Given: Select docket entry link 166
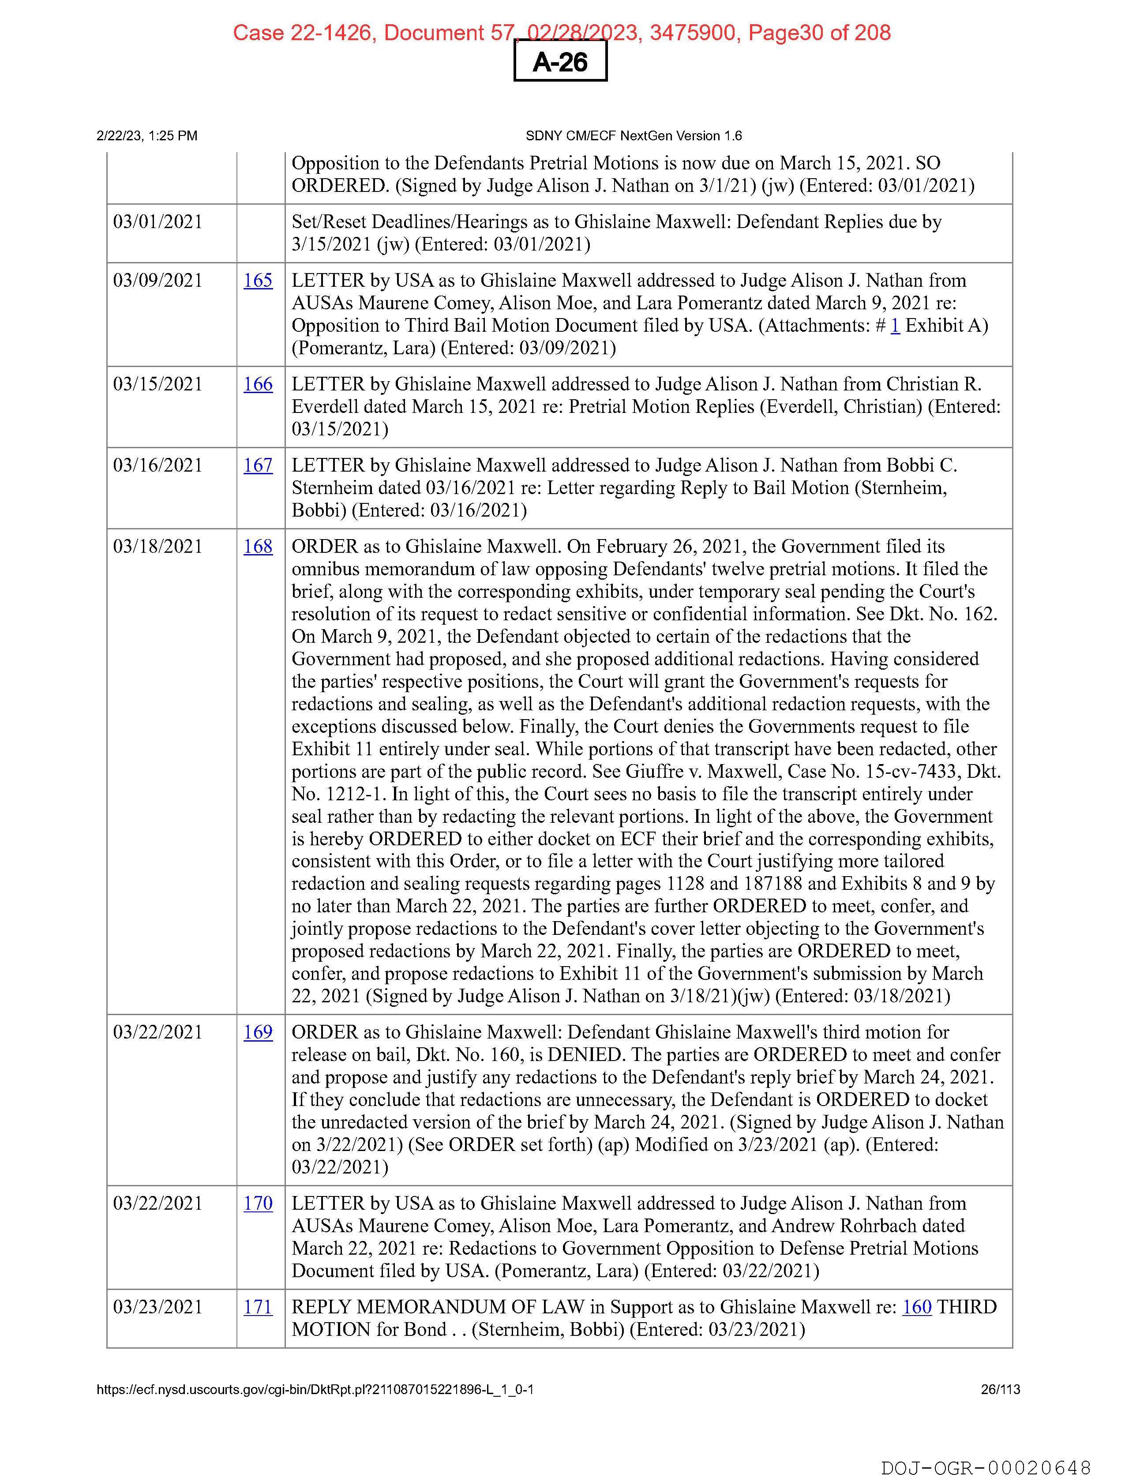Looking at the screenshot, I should [258, 384].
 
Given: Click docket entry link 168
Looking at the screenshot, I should [258, 546].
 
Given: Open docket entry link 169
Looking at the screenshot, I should [258, 1032].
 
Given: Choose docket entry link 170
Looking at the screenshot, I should [258, 1203].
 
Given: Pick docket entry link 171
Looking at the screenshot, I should [258, 1306].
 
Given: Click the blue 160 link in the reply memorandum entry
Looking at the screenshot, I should [917, 1306].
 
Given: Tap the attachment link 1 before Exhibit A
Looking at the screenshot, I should [895, 326].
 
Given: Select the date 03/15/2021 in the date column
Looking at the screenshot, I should [158, 384].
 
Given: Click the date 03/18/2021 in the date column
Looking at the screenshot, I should [158, 546].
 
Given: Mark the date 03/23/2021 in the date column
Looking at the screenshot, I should [158, 1306].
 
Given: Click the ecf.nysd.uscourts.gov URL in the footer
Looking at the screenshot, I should [315, 1389].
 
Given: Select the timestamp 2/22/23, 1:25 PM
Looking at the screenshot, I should [147, 136].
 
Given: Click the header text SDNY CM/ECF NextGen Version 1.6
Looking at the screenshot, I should [634, 136].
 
